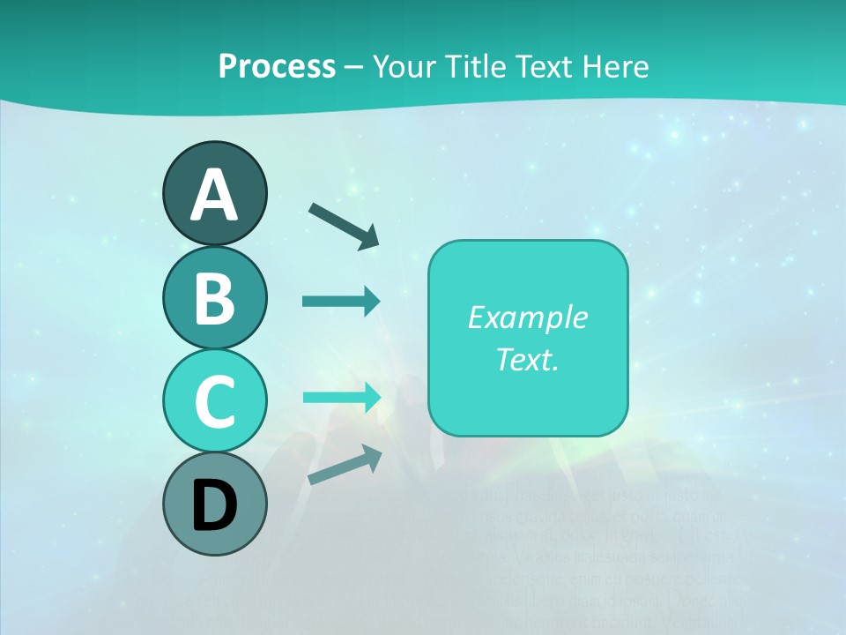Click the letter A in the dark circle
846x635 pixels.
tap(214, 195)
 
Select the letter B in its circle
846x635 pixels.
tap(214, 298)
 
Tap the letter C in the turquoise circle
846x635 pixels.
tap(214, 401)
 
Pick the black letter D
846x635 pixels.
tap(214, 505)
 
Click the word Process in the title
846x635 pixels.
tap(277, 66)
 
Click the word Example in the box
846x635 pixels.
tap(527, 317)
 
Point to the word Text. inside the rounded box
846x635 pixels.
tap(527, 359)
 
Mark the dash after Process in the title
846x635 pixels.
tap(353, 67)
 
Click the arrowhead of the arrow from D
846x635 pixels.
tap(373, 454)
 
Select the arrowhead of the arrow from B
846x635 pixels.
tap(372, 302)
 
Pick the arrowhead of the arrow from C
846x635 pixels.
tap(372, 397)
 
